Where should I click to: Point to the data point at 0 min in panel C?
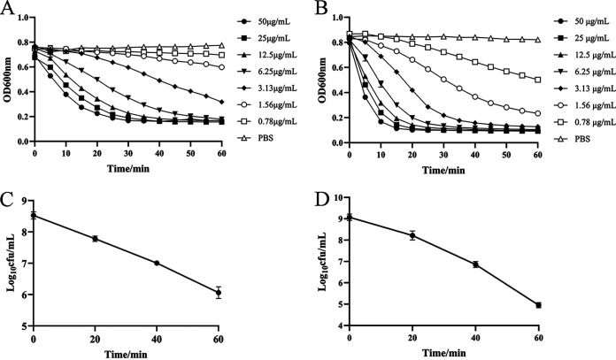[34, 215]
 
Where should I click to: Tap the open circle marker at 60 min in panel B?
[537, 113]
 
